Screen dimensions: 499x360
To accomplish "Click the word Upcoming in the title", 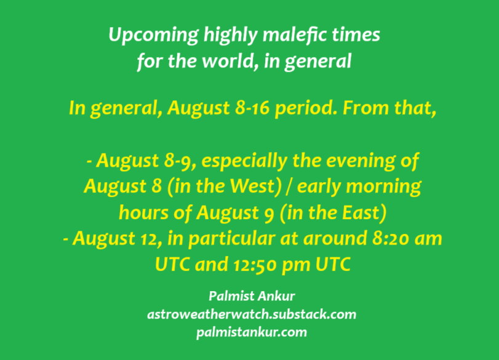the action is pyautogui.click(x=154, y=35).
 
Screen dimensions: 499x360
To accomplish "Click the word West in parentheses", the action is pyautogui.click(x=253, y=186).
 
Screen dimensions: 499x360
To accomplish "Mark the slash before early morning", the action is pyautogui.click(x=289, y=187).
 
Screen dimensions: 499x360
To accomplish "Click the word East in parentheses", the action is pyautogui.click(x=362, y=213).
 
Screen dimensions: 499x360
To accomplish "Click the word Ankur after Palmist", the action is pyautogui.click(x=276, y=297).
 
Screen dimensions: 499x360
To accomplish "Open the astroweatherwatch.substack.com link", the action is pyautogui.click(x=252, y=314).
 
